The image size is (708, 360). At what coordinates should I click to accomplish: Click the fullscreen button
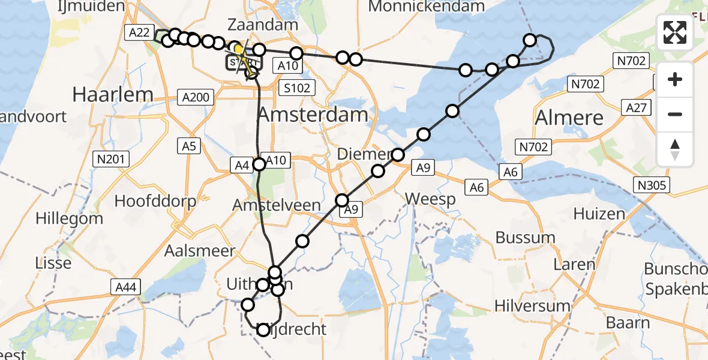pos(675,32)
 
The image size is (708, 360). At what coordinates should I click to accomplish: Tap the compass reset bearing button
pos(675,149)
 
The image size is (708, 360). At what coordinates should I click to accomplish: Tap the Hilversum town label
pos(532,306)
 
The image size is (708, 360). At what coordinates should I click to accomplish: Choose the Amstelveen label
pos(277,205)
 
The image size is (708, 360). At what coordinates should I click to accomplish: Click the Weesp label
pos(430,199)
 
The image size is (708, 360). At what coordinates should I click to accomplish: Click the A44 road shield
pos(124,289)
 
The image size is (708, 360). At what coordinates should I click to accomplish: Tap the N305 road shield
pos(653,185)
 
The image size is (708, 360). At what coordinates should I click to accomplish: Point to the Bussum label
pos(525,238)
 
